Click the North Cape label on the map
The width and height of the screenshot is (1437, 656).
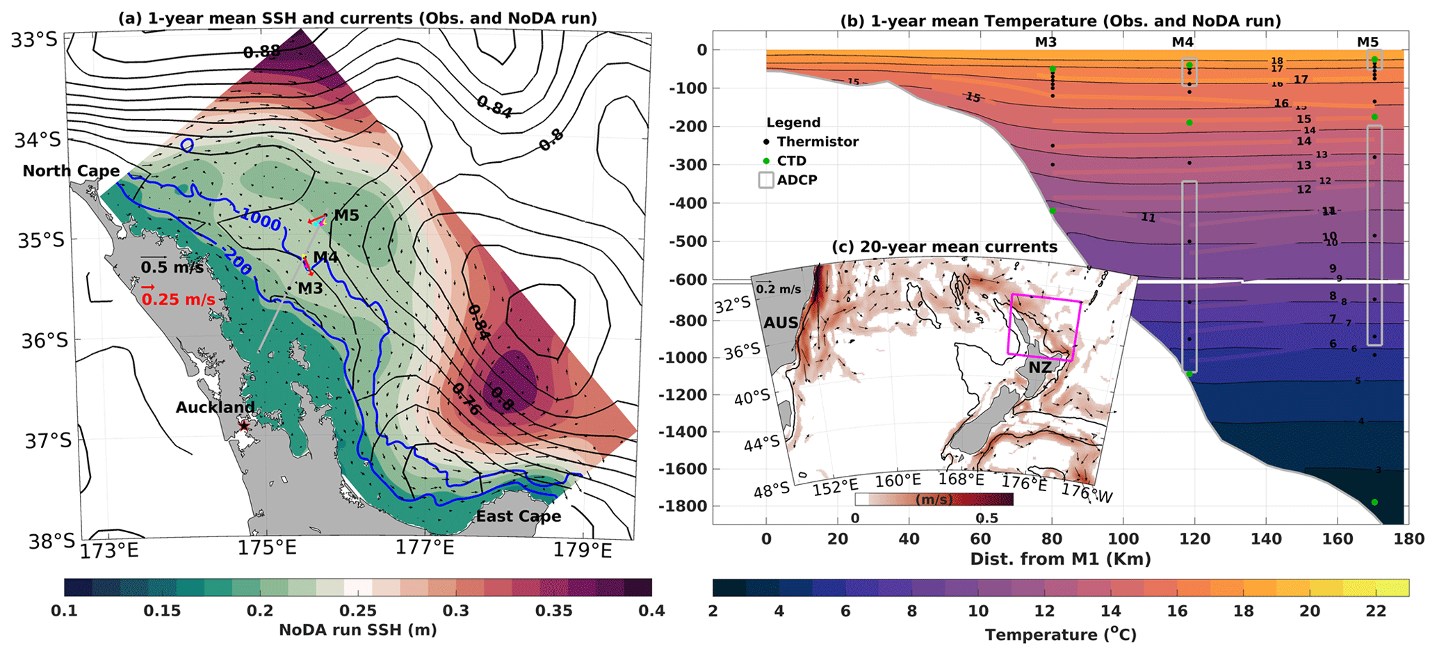(x=71, y=171)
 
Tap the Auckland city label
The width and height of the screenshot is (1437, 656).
(x=215, y=408)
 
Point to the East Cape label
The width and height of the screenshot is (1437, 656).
(x=518, y=516)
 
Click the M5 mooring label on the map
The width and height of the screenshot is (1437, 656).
(x=346, y=216)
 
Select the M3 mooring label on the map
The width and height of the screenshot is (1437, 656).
(x=310, y=287)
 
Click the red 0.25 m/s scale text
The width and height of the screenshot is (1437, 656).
(x=177, y=299)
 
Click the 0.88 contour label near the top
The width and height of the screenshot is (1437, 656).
(x=262, y=51)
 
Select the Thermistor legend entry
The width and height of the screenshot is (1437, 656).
(x=818, y=142)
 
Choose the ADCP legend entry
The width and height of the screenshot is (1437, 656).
(x=797, y=180)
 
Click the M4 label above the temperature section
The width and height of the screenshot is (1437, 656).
(x=1182, y=42)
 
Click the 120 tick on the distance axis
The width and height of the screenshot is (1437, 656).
(x=1194, y=538)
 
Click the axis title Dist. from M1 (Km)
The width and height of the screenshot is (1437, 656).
(x=1060, y=559)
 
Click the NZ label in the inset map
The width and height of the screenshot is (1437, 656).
(x=1040, y=367)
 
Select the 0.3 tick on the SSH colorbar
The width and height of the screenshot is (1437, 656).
(x=456, y=611)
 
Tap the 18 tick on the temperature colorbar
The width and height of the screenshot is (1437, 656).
(x=1244, y=611)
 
